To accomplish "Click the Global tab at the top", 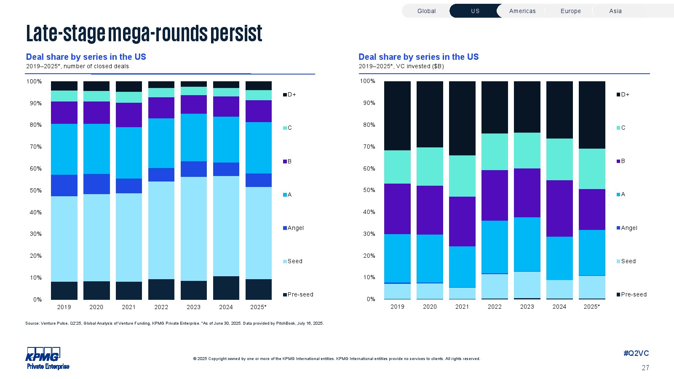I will pyautogui.click(x=426, y=11).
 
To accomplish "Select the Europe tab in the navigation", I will pyautogui.click(x=570, y=11).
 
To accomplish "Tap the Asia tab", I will pyautogui.click(x=615, y=11).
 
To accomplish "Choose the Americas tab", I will pyautogui.click(x=522, y=11).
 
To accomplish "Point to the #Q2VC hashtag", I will pyautogui.click(x=636, y=353).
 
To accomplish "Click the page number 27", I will pyautogui.click(x=645, y=368).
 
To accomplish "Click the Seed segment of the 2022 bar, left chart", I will pyautogui.click(x=161, y=230).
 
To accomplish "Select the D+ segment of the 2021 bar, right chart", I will pyautogui.click(x=462, y=118).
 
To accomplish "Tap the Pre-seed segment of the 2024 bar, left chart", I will pyautogui.click(x=226, y=288).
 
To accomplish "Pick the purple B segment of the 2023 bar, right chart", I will pyautogui.click(x=527, y=193).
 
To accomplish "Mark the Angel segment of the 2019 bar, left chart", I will pyautogui.click(x=64, y=185).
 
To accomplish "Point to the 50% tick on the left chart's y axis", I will pyautogui.click(x=35, y=190).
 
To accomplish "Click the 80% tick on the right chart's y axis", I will pyautogui.click(x=369, y=125).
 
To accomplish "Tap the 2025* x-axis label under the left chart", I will pyautogui.click(x=258, y=307).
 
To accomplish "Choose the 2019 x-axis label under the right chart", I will pyautogui.click(x=397, y=307).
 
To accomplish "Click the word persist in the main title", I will pyautogui.click(x=236, y=33).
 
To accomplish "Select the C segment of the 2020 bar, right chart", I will pyautogui.click(x=430, y=166).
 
